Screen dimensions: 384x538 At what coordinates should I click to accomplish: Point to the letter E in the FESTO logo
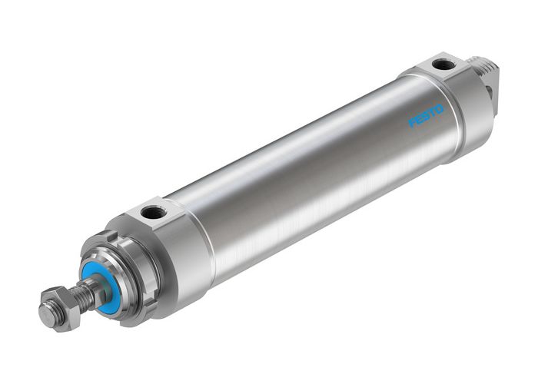coord(419,121)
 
